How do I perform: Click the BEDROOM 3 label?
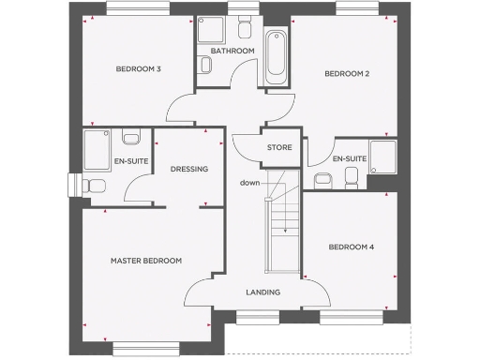click(139, 69)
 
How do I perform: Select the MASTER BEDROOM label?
click(145, 261)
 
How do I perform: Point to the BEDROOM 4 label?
click(352, 247)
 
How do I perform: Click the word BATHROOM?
click(232, 51)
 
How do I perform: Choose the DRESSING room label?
click(188, 169)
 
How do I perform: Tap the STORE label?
click(279, 148)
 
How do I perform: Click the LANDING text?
click(263, 292)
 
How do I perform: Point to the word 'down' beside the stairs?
click(248, 182)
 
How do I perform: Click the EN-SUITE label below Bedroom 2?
click(349, 159)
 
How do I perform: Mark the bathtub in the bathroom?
click(275, 58)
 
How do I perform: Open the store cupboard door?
click(246, 148)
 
